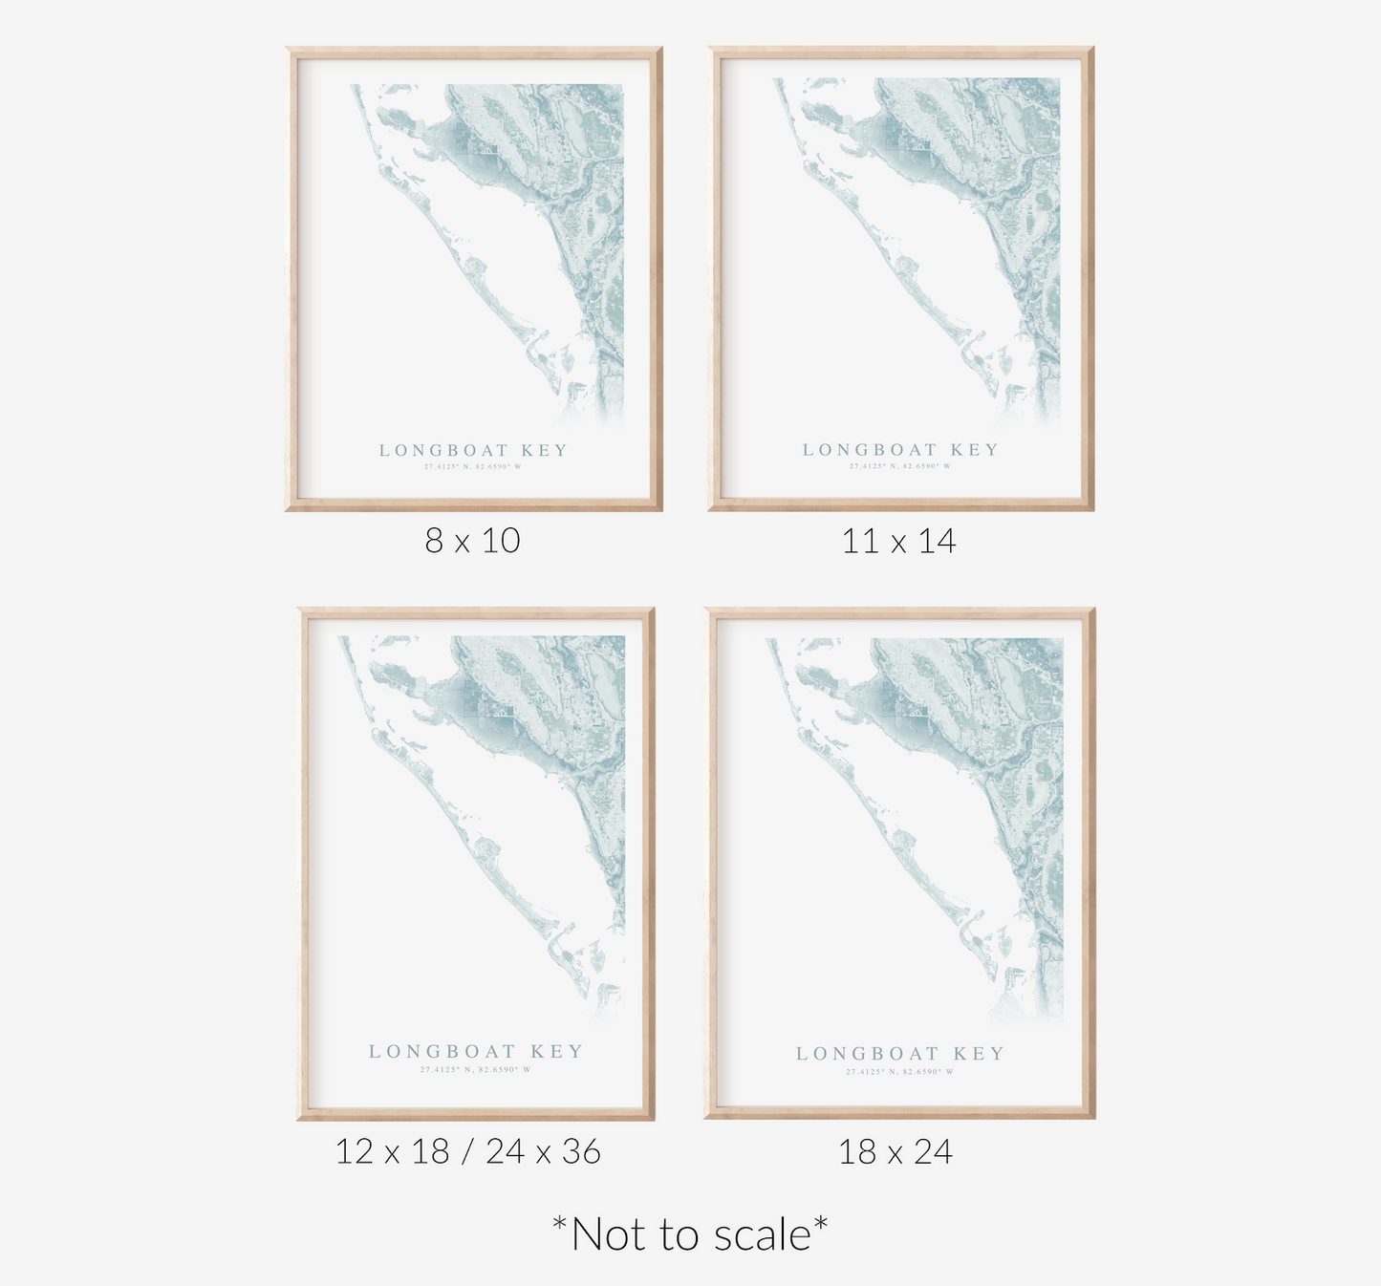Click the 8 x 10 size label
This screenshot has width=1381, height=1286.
[472, 541]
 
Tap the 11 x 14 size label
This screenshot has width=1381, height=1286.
[898, 542]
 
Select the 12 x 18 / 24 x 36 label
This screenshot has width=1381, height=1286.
[467, 1151]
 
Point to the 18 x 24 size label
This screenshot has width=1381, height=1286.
[895, 1151]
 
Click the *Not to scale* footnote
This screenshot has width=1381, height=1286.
[690, 1233]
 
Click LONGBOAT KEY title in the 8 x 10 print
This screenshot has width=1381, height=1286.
[473, 450]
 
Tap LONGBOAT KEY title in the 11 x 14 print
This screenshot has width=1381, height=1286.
[900, 450]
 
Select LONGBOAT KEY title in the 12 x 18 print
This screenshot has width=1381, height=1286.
[475, 1051]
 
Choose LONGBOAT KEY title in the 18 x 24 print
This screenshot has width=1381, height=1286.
[900, 1054]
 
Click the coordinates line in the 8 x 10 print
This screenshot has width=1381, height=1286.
[473, 467]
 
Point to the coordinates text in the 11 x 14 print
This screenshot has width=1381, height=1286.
[900, 466]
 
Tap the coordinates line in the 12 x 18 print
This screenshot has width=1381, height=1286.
[475, 1069]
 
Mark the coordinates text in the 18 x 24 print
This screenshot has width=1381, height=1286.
[900, 1072]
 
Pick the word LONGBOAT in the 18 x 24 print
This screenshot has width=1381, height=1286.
[867, 1054]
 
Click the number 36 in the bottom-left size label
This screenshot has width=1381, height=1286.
[580, 1151]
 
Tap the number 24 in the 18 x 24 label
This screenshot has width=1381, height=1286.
[933, 1151]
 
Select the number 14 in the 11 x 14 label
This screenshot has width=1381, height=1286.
[937, 542]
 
